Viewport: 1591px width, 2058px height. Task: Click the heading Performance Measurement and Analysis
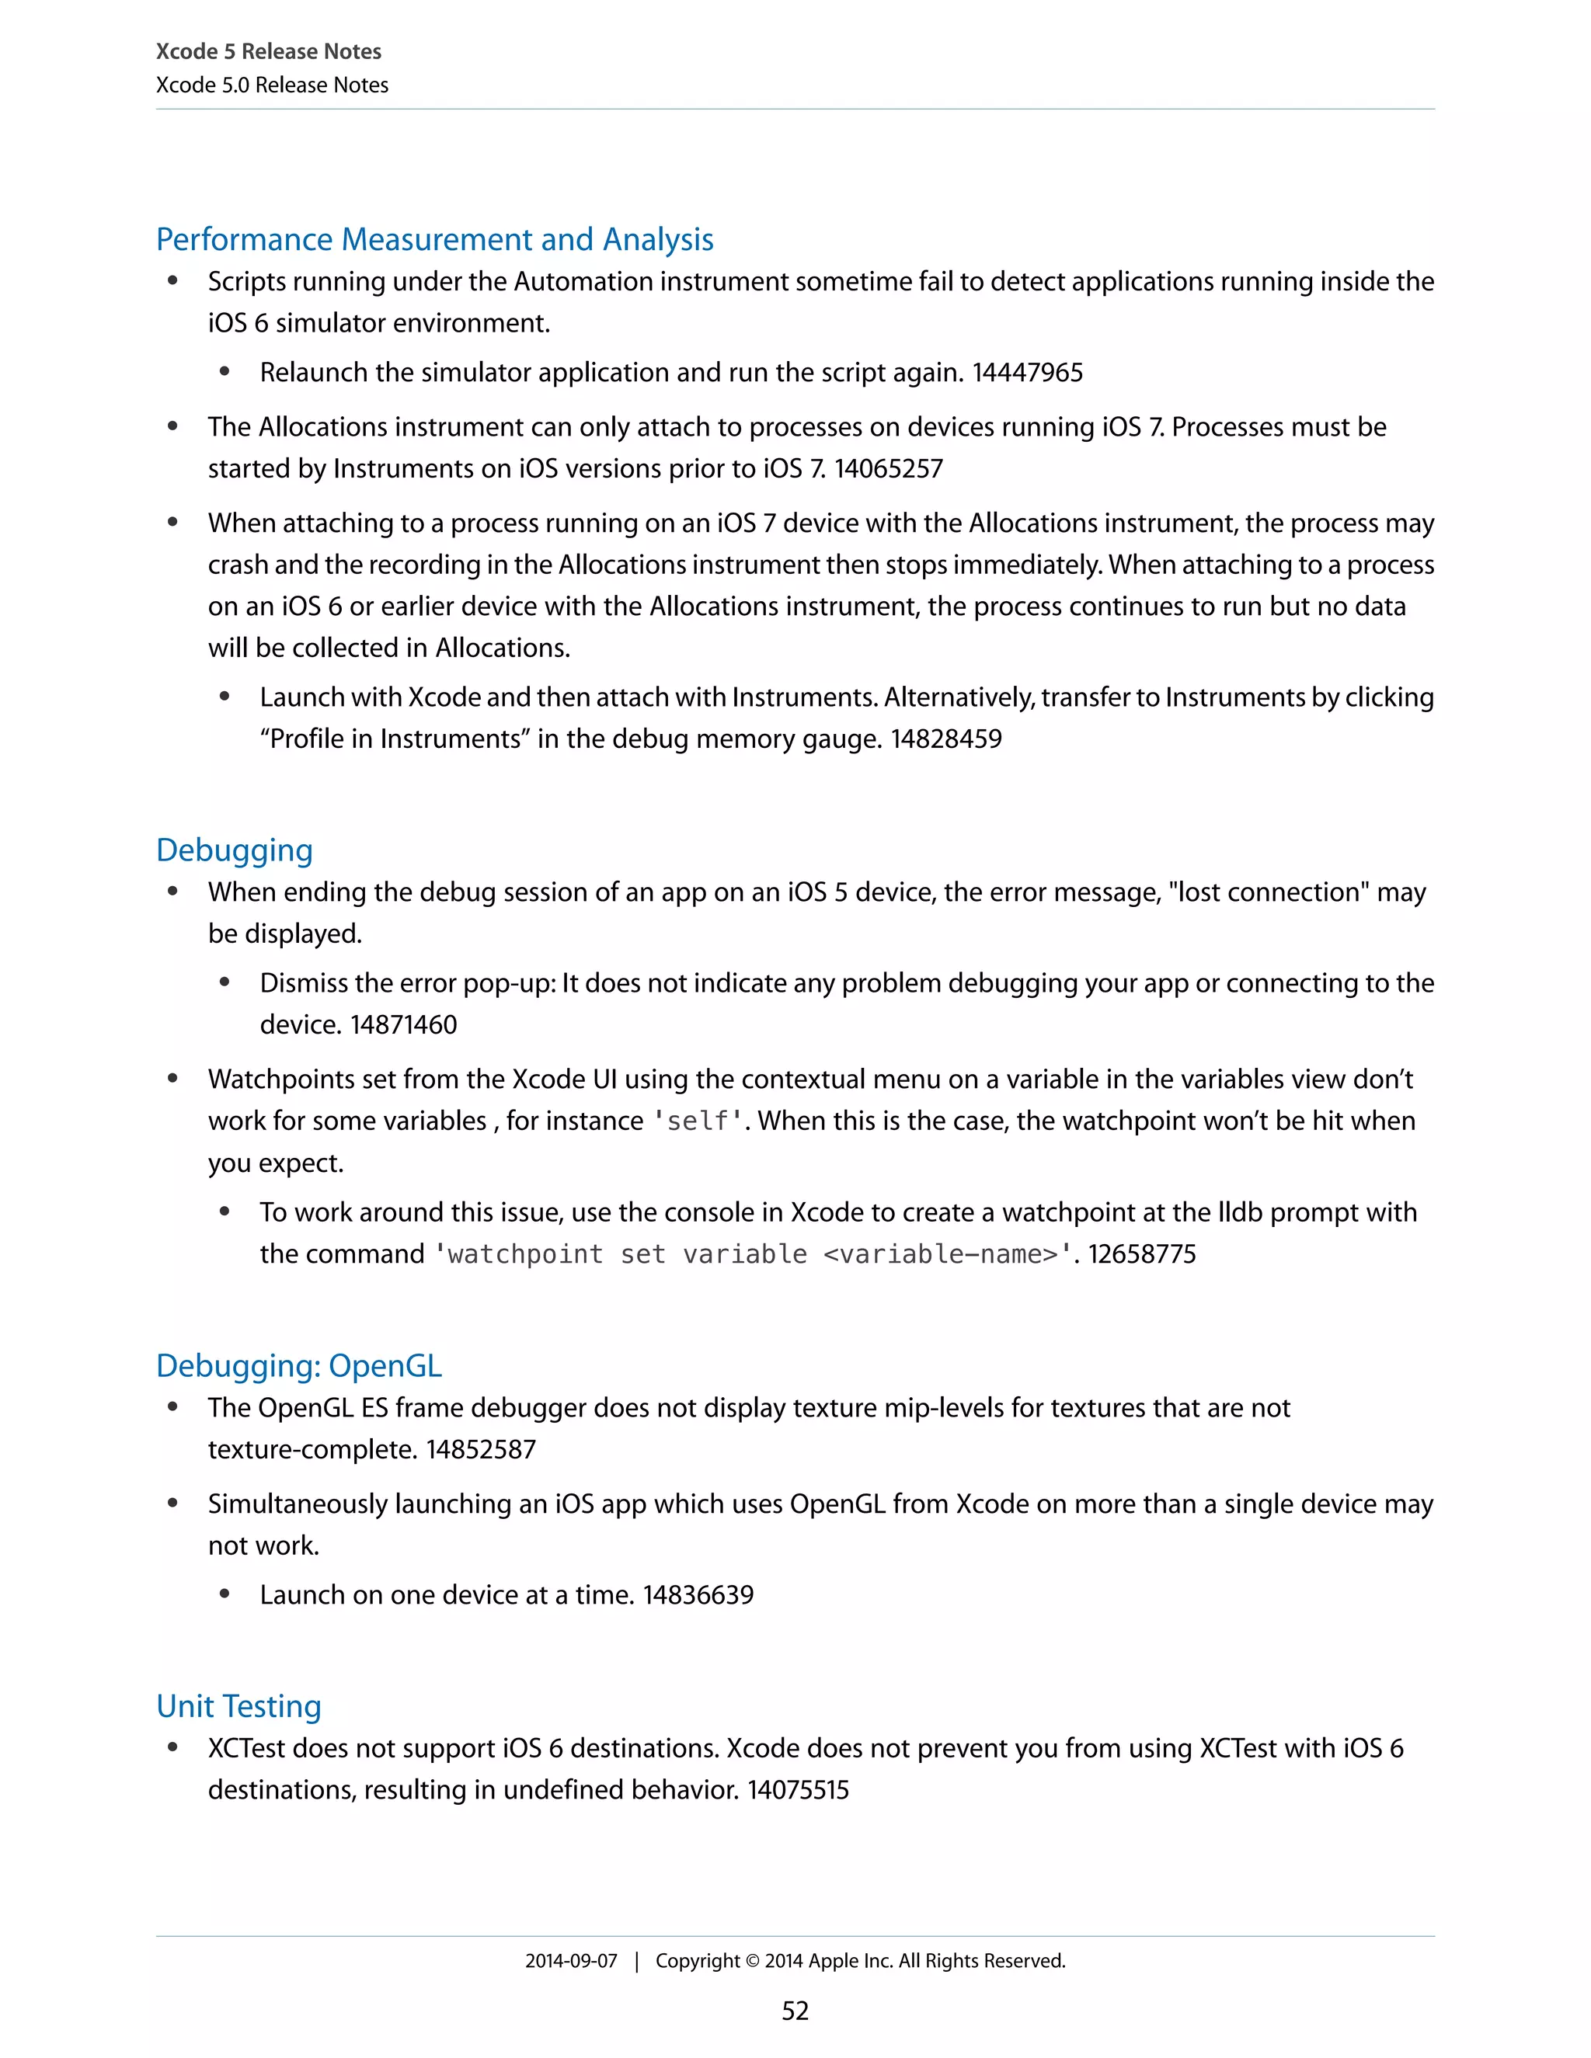(434, 239)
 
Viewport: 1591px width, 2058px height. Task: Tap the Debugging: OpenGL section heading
(299, 1365)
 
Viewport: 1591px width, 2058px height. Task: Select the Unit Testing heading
(238, 1705)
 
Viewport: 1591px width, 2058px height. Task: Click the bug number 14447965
(1027, 373)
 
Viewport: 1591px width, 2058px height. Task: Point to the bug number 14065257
(888, 469)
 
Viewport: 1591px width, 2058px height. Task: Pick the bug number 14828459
(946, 739)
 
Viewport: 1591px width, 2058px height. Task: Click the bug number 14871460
(403, 1025)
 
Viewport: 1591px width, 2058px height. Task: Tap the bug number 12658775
(1141, 1254)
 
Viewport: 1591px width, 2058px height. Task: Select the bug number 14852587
(481, 1449)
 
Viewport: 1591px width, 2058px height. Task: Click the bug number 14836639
(698, 1595)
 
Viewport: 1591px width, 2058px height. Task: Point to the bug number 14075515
(799, 1790)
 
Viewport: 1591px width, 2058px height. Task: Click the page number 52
(795, 2011)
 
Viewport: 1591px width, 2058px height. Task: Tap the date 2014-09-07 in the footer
(571, 1961)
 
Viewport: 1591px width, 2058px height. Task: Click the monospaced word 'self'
(698, 1121)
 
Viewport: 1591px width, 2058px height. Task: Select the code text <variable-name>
(940, 1254)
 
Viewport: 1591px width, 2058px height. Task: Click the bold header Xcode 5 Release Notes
(269, 52)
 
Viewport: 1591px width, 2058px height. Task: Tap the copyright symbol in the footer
(752, 1961)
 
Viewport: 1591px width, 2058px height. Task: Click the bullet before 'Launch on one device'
(225, 1595)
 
